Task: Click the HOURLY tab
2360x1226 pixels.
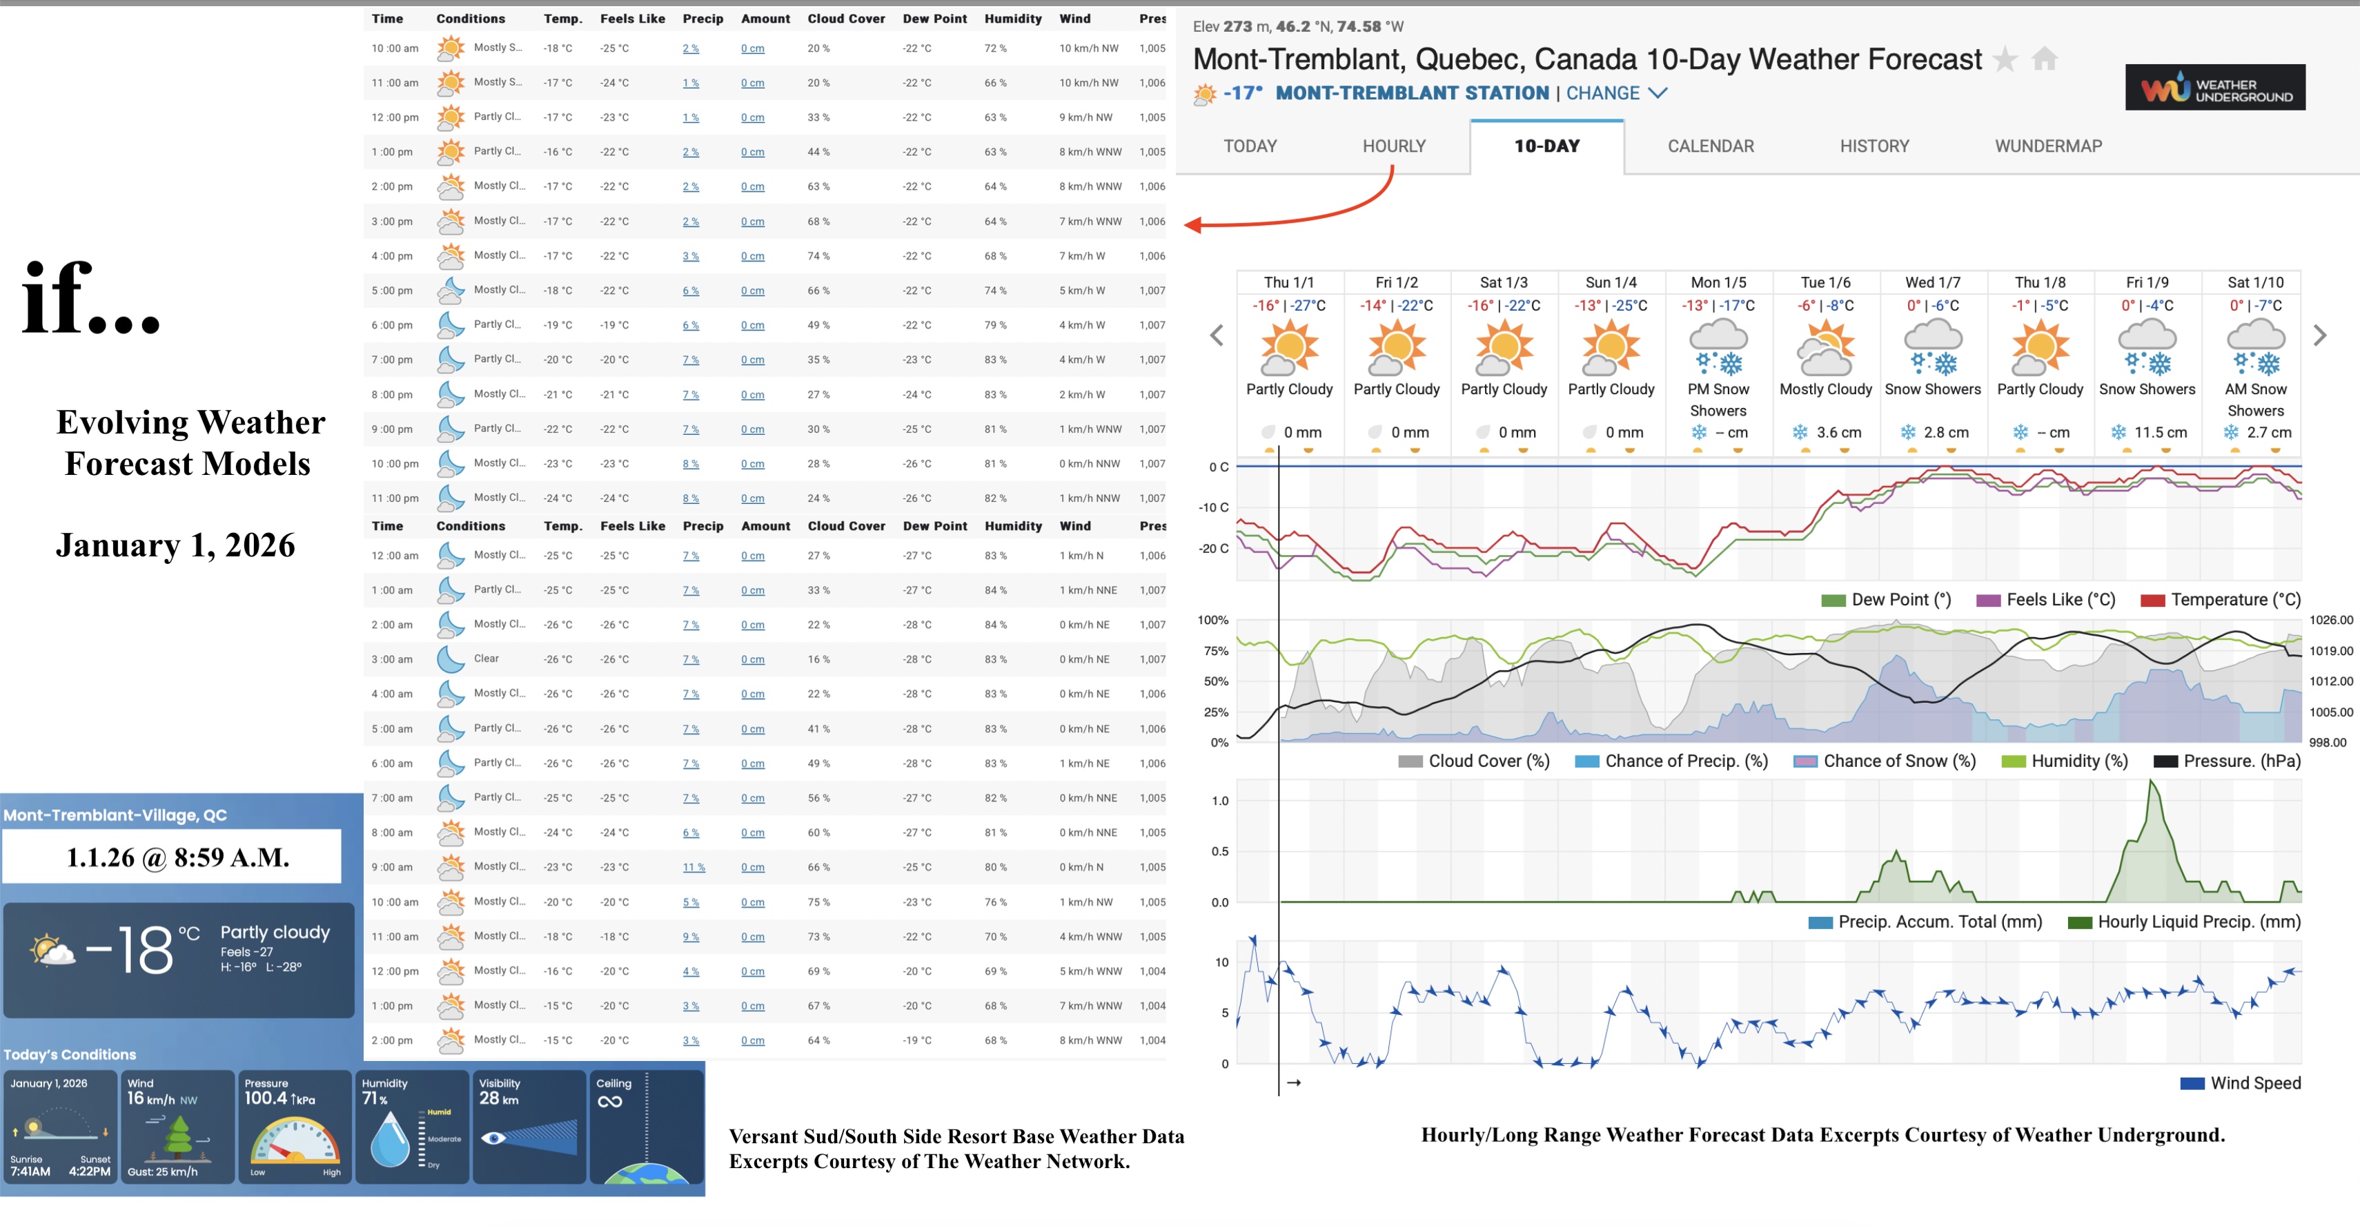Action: point(1393,146)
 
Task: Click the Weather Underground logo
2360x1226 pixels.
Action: point(2214,88)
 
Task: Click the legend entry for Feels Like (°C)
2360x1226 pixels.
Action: point(2046,600)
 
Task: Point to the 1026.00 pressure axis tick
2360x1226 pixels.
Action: point(2331,621)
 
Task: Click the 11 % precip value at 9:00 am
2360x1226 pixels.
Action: point(694,868)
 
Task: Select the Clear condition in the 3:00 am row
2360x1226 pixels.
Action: point(486,659)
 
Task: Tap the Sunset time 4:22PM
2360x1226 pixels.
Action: point(90,1171)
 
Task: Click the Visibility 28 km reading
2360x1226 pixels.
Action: point(498,1098)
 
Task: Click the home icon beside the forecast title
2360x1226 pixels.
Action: point(2044,59)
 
